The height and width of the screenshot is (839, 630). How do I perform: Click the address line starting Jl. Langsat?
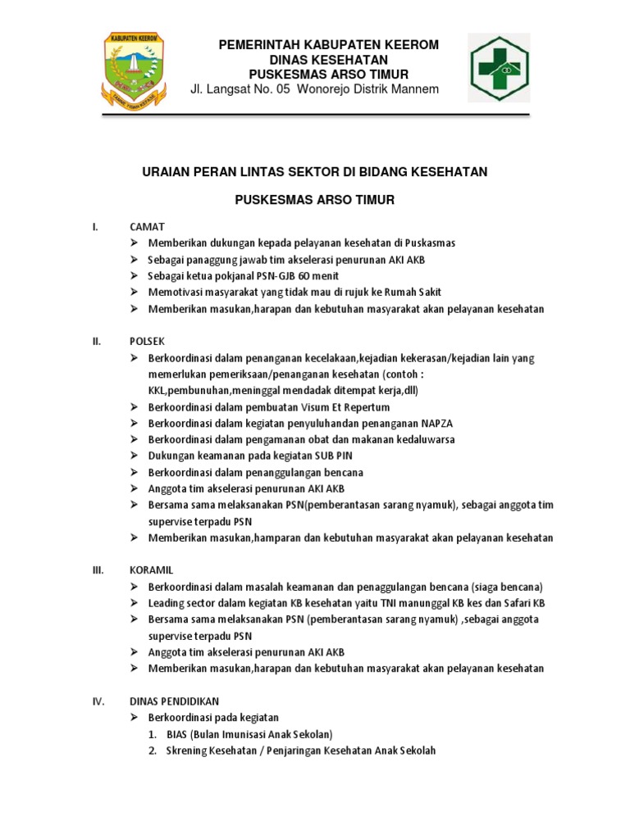(314, 89)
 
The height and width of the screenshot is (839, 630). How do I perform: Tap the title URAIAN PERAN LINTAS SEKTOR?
(315, 171)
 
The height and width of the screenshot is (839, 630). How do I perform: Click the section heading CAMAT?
(147, 227)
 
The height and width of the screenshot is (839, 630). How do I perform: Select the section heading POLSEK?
(148, 342)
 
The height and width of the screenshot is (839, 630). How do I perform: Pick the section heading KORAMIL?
(152, 569)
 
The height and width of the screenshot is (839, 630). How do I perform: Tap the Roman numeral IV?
(97, 701)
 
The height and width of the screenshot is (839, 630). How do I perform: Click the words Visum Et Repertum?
(347, 407)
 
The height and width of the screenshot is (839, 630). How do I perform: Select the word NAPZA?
(436, 424)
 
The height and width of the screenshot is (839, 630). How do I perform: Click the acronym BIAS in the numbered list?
(177, 734)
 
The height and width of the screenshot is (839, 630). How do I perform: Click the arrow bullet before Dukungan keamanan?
(135, 456)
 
